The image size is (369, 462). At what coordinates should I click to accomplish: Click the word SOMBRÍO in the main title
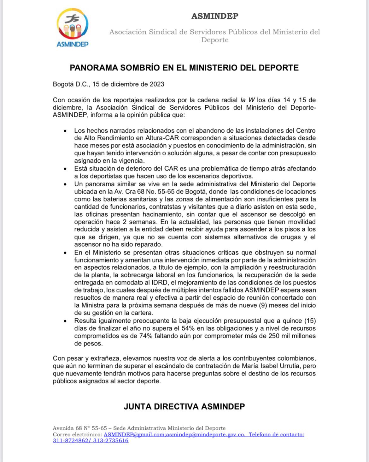135,68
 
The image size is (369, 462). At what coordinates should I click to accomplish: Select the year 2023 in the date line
157,84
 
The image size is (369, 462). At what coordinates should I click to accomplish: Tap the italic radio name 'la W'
248,100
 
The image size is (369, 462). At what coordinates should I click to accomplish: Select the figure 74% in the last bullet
146,336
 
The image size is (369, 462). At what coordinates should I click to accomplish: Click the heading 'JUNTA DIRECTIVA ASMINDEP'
184,406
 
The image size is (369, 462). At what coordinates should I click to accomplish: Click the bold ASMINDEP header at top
215,16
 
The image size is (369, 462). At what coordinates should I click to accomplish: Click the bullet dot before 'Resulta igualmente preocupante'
65,321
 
